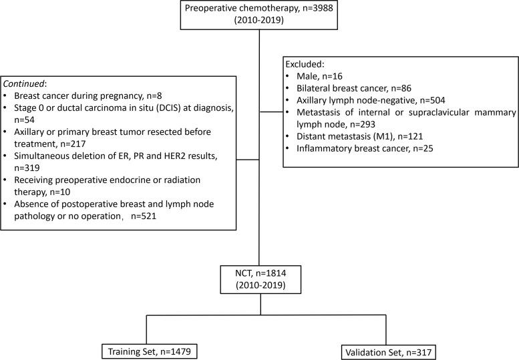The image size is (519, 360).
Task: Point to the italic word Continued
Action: [23, 85]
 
